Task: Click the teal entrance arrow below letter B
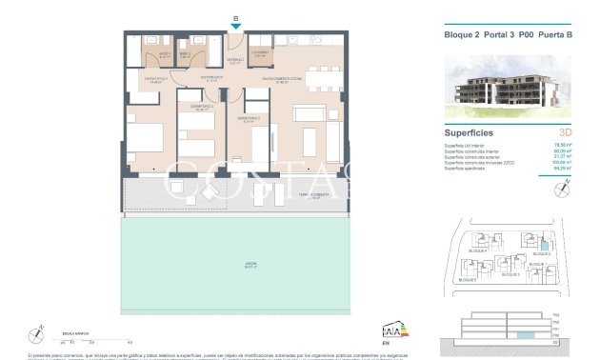point(235,27)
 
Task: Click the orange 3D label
point(566,132)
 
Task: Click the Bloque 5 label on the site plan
point(468,281)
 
